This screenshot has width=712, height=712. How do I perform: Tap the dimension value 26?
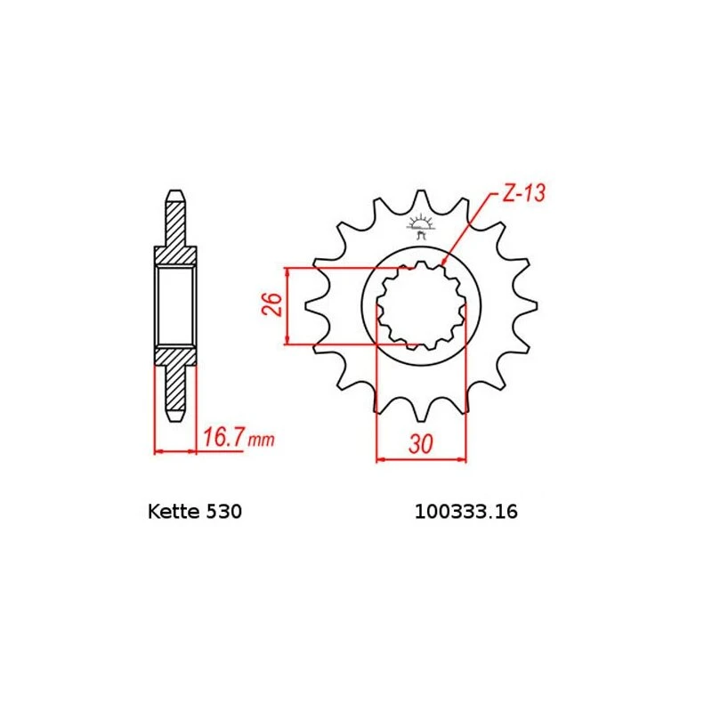[275, 304]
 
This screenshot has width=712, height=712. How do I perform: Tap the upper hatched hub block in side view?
[176, 255]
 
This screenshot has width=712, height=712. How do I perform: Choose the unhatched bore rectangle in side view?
[176, 305]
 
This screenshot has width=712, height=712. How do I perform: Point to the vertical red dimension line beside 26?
[287, 305]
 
